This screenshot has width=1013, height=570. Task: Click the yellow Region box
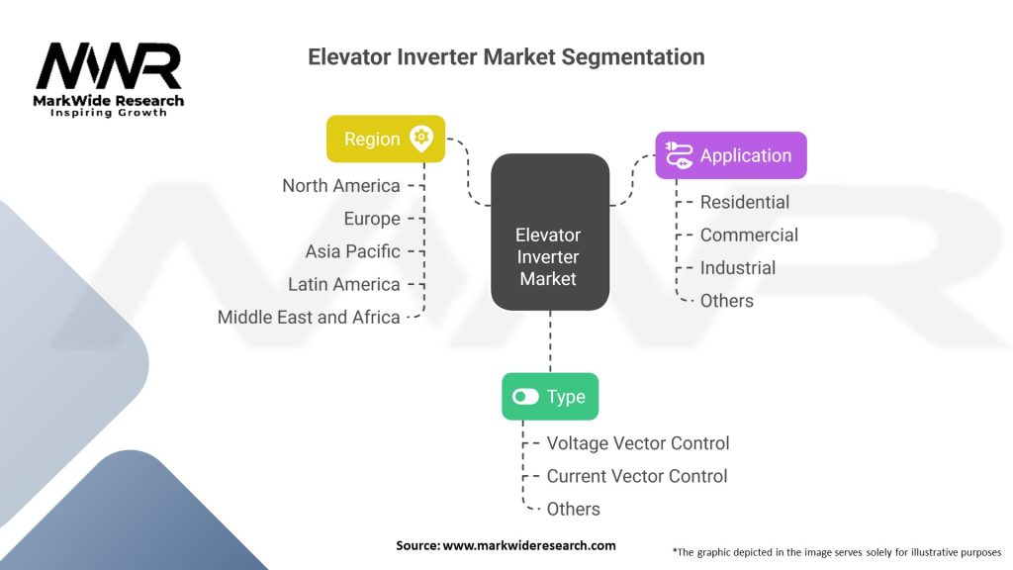coord(386,139)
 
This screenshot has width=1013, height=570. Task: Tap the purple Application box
coord(731,155)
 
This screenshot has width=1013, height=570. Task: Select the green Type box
coord(550,396)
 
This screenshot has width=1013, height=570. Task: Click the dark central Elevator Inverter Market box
coord(550,232)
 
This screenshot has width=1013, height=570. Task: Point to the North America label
coord(341,185)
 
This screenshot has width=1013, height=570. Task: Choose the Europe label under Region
coord(372,219)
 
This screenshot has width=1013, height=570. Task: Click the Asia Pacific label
coord(353,251)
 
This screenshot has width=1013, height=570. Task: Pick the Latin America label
coord(343,284)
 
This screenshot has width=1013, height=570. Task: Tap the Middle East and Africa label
coord(309,318)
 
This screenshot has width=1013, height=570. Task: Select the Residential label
coord(745,202)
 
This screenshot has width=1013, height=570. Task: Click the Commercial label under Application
coord(750,236)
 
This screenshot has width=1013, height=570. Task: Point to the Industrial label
coord(738,268)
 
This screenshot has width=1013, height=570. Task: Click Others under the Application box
coord(727,301)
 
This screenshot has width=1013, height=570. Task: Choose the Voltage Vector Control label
coord(638,443)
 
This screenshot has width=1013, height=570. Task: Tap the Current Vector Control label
coord(637,476)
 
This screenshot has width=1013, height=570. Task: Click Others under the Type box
coord(573,510)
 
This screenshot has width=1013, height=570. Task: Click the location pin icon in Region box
coord(421,139)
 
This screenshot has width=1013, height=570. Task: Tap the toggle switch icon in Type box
coord(525,396)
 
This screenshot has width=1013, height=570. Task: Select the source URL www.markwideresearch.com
coord(529,545)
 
